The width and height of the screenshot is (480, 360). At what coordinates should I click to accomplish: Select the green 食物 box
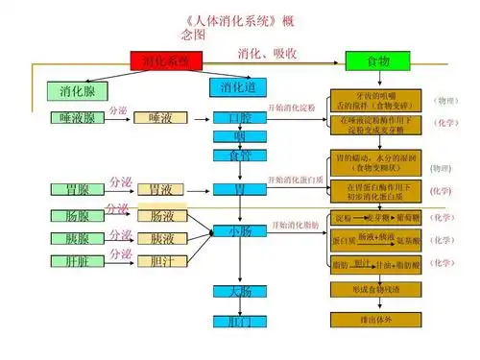pos(378,61)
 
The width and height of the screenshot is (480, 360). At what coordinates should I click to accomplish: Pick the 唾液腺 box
pos(77,119)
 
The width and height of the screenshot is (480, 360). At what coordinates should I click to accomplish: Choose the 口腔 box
pos(240,118)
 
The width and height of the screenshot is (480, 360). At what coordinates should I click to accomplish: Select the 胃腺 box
pos(77,189)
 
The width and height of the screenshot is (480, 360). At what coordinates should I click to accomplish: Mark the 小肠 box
pos(240,231)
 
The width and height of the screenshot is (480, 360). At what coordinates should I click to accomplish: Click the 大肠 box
pos(240,290)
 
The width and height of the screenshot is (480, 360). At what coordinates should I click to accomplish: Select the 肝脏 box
pos(77,259)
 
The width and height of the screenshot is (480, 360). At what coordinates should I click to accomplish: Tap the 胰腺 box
pos(77,237)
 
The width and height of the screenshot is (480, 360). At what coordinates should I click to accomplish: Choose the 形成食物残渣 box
pos(377,288)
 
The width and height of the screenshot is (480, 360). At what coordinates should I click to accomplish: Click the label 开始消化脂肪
pos(295,225)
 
